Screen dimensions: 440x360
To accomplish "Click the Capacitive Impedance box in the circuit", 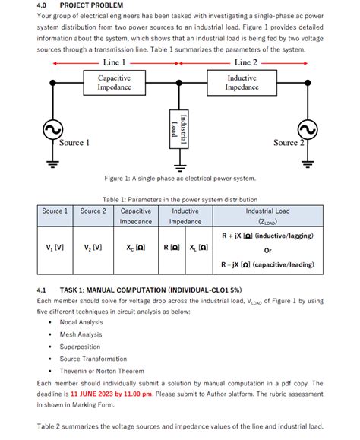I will pos(114,83).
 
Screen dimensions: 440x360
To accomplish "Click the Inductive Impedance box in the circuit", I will pos(242,83).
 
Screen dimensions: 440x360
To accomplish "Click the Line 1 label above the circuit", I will pos(114,63).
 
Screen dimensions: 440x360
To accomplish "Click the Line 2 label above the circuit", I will pos(245,63).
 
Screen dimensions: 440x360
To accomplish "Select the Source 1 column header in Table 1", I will pos(55,211).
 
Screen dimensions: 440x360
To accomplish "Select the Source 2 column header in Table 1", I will pos(93,211).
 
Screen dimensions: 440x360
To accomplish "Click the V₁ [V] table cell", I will pos(55,247).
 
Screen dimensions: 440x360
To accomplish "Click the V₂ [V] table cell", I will pos(93,247).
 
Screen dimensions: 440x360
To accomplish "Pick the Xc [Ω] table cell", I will pos(135,247).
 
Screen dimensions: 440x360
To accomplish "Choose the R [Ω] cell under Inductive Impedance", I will pos(171,247).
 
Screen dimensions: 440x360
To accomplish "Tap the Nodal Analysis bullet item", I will pos(81,322).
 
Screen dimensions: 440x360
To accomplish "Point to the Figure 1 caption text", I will pos(180,179).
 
